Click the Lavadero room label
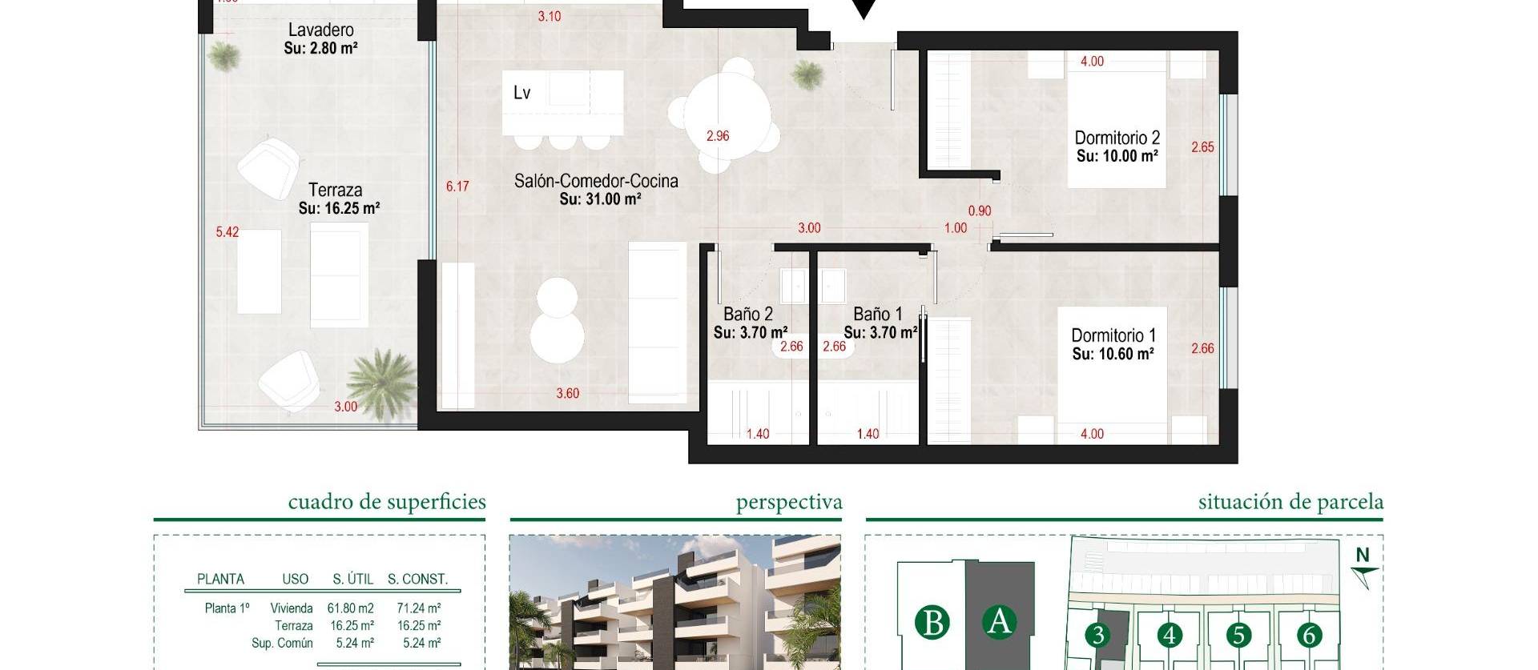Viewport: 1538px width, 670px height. click(320, 30)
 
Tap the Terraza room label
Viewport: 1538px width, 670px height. click(336, 191)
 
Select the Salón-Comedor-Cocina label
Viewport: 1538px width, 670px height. click(596, 182)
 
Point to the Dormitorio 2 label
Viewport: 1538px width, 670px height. click(1117, 138)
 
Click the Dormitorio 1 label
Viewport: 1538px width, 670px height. click(1113, 335)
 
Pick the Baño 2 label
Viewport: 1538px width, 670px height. click(748, 315)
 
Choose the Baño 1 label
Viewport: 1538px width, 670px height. click(878, 315)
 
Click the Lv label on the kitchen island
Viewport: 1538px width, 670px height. click(521, 93)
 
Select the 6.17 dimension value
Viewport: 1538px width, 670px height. click(457, 187)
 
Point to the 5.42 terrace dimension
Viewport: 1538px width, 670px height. click(227, 232)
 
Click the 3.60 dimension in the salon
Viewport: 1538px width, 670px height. click(567, 394)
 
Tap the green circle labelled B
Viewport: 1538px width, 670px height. click(932, 622)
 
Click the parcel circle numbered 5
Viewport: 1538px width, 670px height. click(1238, 636)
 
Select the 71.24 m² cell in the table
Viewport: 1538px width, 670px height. click(418, 608)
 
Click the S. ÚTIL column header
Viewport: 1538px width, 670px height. click(350, 580)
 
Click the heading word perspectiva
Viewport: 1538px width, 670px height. click(789, 503)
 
